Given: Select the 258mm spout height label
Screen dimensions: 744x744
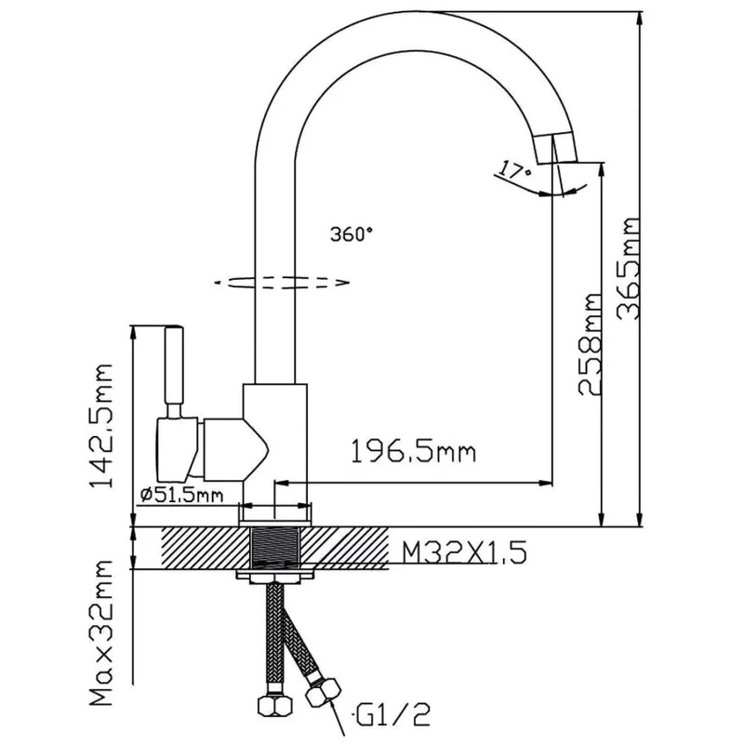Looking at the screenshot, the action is (590, 344).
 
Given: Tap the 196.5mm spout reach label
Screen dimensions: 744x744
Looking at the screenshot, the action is (413, 451).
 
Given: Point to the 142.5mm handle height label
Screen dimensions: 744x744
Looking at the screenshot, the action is (100, 426).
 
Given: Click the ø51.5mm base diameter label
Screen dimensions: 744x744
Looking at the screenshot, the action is (181, 496).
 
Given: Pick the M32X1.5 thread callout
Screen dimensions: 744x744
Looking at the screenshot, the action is (464, 552).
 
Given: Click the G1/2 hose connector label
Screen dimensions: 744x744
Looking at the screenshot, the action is (392, 715).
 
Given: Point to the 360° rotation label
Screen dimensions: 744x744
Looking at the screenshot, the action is (352, 234).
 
